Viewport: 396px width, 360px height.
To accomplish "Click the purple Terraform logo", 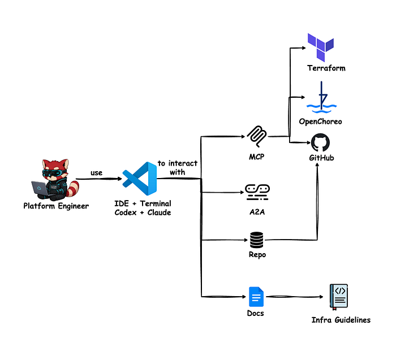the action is (x=321, y=47).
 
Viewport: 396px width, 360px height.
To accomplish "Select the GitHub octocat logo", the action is (x=320, y=142).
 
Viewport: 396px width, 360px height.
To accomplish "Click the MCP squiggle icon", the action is (x=257, y=136).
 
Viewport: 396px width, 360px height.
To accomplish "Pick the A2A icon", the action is (x=257, y=192).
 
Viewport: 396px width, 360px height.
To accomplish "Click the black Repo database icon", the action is (x=257, y=240).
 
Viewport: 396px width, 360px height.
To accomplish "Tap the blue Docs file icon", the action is (x=256, y=297).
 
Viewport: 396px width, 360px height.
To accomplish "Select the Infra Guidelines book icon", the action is (x=339, y=297).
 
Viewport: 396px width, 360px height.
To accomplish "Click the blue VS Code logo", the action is (x=140, y=179).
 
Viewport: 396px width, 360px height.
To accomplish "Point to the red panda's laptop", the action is (x=40, y=188).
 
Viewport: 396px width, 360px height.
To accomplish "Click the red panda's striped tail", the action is (x=73, y=189).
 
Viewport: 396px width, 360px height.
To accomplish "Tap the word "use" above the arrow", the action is (x=97, y=173).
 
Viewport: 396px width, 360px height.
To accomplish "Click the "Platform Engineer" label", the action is (x=56, y=206).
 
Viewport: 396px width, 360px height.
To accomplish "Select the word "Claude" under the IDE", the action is (x=159, y=212).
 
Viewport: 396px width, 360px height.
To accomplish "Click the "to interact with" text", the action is (x=178, y=168).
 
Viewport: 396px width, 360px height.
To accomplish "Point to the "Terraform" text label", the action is (x=326, y=68).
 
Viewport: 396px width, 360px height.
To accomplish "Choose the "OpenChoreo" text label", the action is (x=321, y=122).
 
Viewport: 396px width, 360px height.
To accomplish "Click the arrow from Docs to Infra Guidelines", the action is (x=295, y=297).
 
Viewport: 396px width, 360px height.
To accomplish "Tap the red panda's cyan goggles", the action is (x=54, y=173).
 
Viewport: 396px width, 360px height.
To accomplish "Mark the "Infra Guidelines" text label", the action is (x=341, y=320).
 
